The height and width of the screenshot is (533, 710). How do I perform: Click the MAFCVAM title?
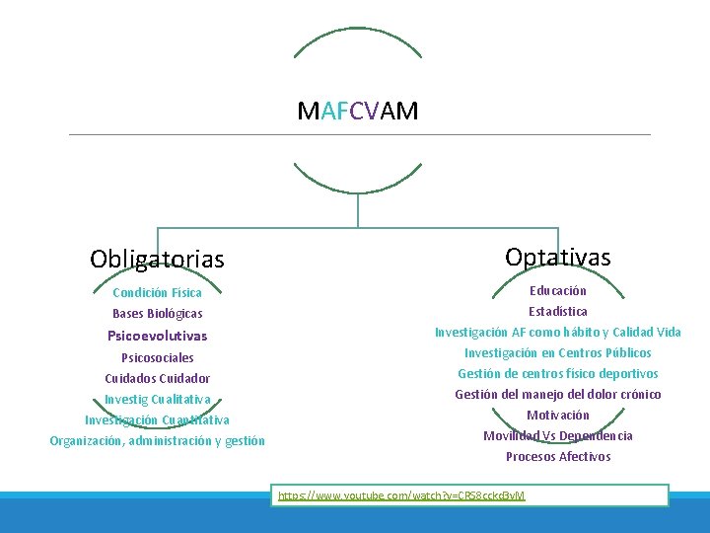pyautogui.click(x=357, y=111)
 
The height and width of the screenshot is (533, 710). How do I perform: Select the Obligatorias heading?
pyautogui.click(x=157, y=260)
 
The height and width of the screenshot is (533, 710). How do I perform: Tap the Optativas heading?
pyautogui.click(x=557, y=258)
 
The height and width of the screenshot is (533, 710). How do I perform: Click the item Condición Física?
pyautogui.click(x=157, y=292)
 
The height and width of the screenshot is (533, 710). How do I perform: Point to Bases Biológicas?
pyautogui.click(x=157, y=314)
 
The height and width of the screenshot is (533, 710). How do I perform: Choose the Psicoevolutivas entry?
pyautogui.click(x=157, y=336)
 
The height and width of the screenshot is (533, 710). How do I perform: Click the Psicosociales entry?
pyautogui.click(x=157, y=357)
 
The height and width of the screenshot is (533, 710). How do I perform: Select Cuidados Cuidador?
pyautogui.click(x=157, y=378)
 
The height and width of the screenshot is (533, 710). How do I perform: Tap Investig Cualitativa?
pyautogui.click(x=157, y=399)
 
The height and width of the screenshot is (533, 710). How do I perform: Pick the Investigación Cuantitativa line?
pyautogui.click(x=157, y=419)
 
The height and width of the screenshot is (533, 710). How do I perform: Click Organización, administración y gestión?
pyautogui.click(x=157, y=441)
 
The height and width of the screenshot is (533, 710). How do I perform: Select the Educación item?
pyautogui.click(x=557, y=290)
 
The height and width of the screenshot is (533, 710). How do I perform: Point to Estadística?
pyautogui.click(x=557, y=311)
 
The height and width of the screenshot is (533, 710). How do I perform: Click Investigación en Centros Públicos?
pyautogui.click(x=557, y=352)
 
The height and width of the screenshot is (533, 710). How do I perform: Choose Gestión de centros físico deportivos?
pyautogui.click(x=557, y=373)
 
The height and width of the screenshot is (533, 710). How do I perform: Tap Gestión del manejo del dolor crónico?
pyautogui.click(x=557, y=394)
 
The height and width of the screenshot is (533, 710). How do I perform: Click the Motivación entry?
pyautogui.click(x=557, y=415)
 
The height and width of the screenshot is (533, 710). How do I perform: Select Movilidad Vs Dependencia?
pyautogui.click(x=557, y=435)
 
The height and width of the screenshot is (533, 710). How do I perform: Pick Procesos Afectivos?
pyautogui.click(x=557, y=456)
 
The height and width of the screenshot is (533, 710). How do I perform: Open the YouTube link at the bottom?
pyautogui.click(x=401, y=495)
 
